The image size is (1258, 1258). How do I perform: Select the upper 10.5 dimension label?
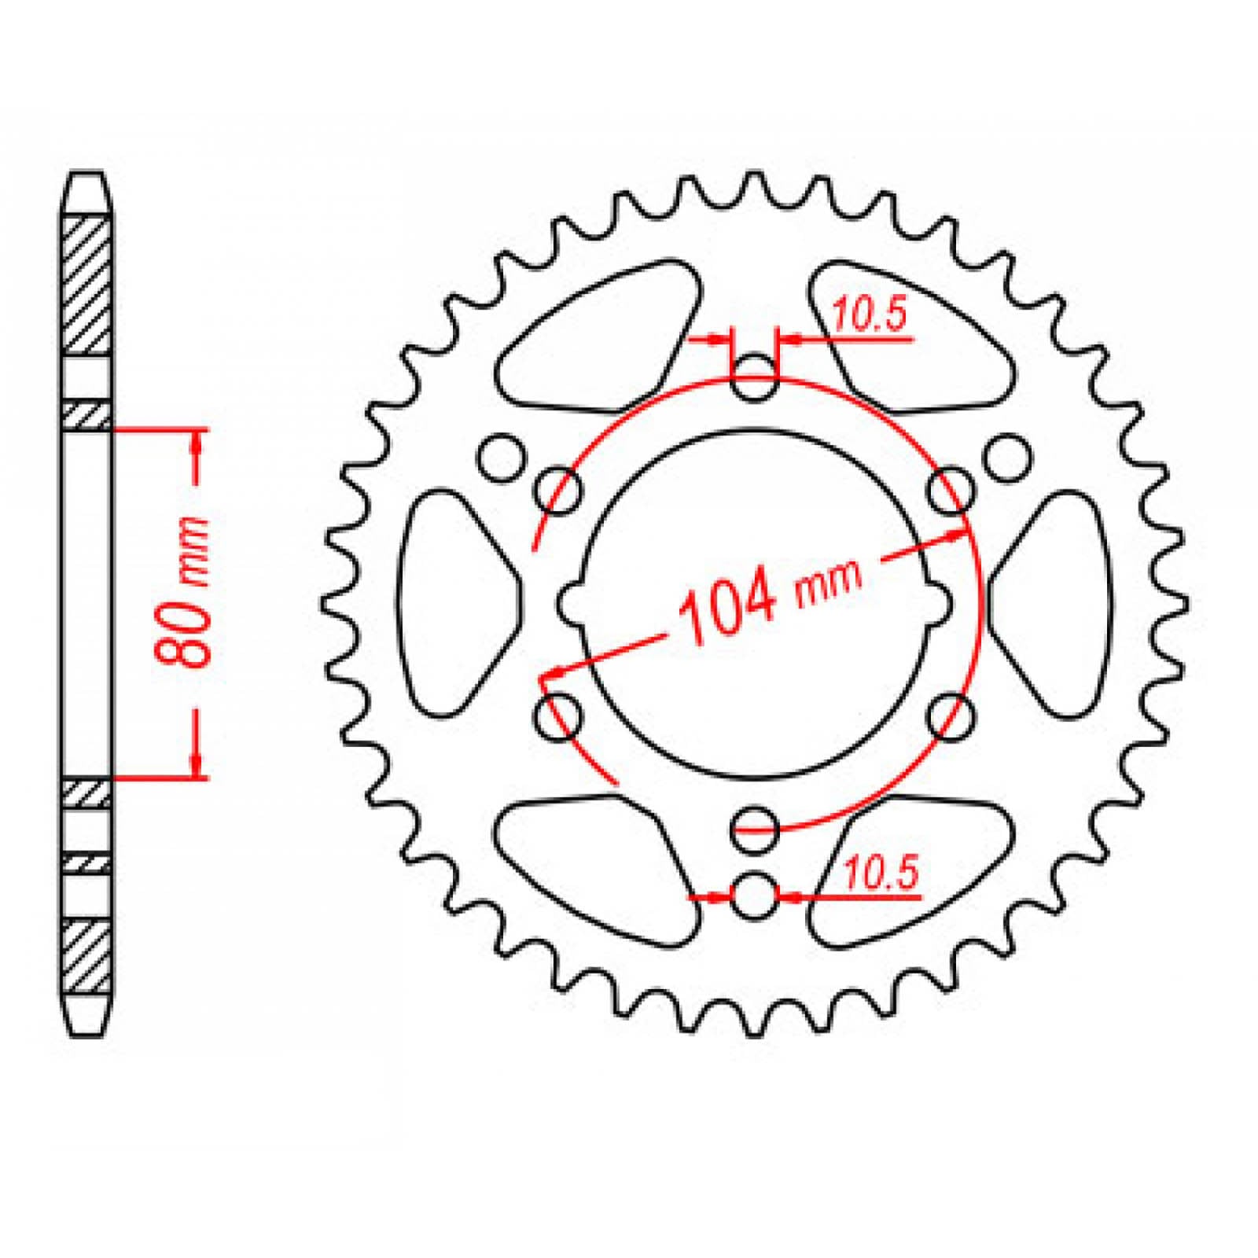click(x=870, y=314)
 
